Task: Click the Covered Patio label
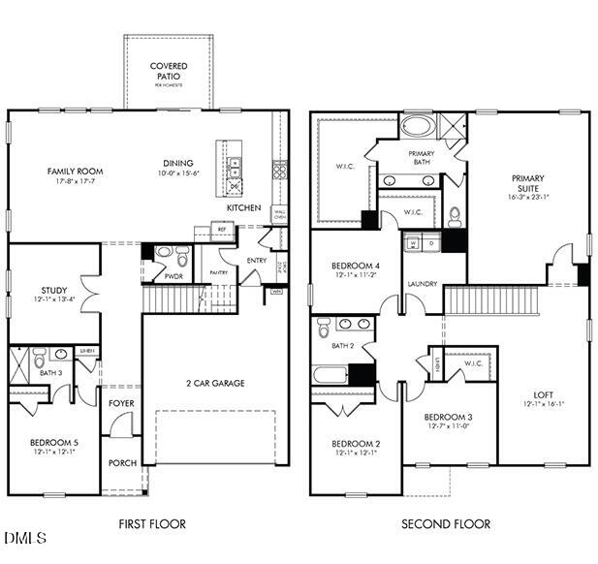click(x=169, y=71)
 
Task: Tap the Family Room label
click(x=75, y=172)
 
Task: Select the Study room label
click(x=53, y=290)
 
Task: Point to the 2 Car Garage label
click(x=215, y=383)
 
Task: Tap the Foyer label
click(x=121, y=403)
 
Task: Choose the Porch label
click(x=121, y=463)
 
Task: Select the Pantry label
click(x=219, y=272)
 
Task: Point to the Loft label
click(x=543, y=394)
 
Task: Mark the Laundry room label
click(x=423, y=284)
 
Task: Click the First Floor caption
click(x=152, y=524)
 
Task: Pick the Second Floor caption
click(x=446, y=524)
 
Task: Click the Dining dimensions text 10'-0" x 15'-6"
click(x=178, y=172)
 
